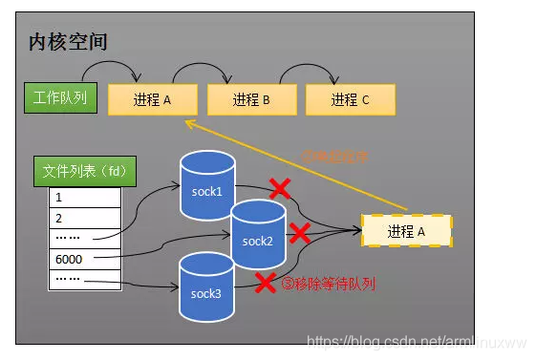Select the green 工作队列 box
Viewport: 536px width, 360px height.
pos(61,97)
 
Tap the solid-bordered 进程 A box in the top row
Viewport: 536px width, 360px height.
pos(152,99)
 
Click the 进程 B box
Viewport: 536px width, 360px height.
pos(251,99)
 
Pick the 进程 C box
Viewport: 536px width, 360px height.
pos(350,99)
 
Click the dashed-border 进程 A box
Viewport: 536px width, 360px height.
pos(406,231)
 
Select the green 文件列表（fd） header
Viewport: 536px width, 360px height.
pos(85,171)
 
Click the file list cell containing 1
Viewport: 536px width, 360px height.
pos(85,198)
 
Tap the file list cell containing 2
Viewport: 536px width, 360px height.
pos(85,218)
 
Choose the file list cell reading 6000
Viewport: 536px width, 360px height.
pos(85,259)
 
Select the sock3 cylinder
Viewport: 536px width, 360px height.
pos(208,290)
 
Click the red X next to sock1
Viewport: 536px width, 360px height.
pos(280,189)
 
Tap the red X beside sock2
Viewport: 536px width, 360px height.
pos(299,232)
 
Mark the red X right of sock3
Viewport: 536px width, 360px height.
pos(265,282)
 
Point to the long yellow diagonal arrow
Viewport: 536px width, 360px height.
pos(296,164)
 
